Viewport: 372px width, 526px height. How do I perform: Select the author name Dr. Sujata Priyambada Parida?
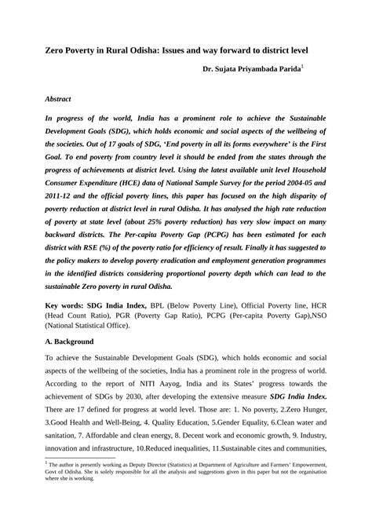click(x=251, y=71)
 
